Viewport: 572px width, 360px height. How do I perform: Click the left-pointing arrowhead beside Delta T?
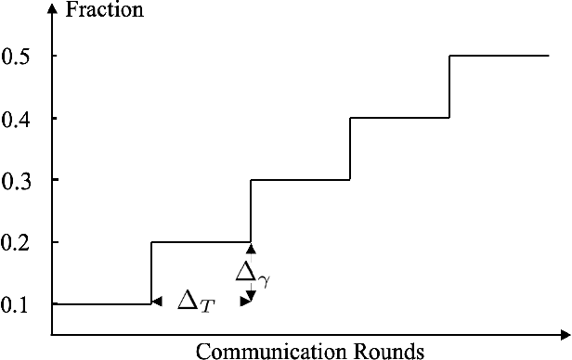click(x=157, y=301)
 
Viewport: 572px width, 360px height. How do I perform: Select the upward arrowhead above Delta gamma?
click(x=251, y=249)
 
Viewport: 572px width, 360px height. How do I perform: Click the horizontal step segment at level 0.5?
click(x=500, y=56)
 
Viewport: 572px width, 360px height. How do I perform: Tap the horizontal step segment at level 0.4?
click(x=399, y=118)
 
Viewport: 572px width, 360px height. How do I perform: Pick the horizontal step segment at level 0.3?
click(x=300, y=180)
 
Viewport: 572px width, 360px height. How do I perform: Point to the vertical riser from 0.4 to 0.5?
click(x=449, y=86)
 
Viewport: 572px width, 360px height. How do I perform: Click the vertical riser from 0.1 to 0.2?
click(x=151, y=273)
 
